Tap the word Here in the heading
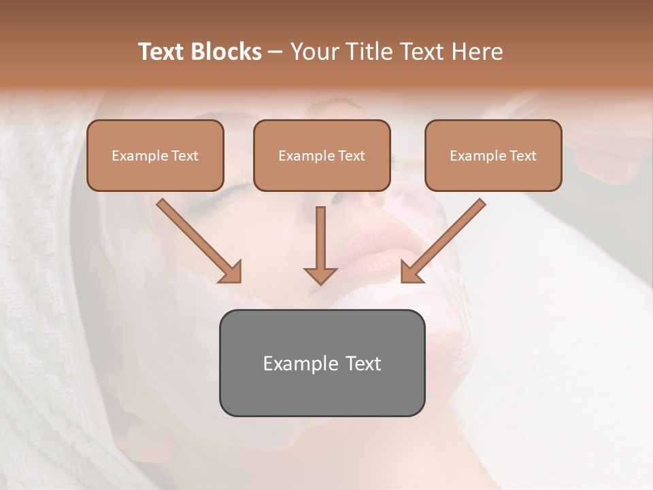tap(478, 52)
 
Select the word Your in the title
tap(313, 52)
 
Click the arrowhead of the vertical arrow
tap(320, 275)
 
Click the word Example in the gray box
tap(291, 363)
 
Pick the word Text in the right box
tap(522, 156)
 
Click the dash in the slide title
tap(275, 52)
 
